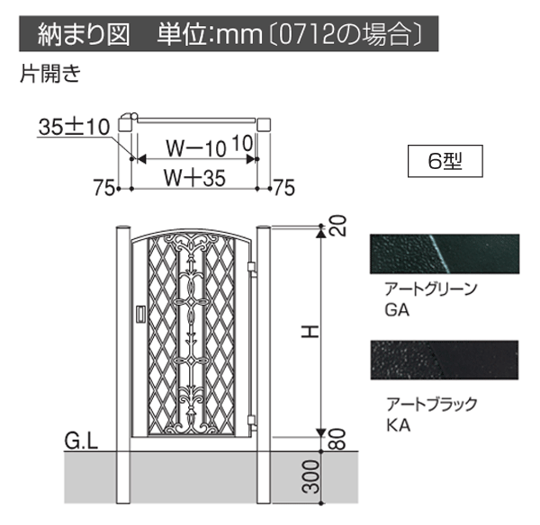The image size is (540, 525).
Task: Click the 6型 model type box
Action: coord(445,161)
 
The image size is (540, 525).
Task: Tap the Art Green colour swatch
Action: coord(445,254)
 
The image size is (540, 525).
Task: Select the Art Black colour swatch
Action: coord(445,360)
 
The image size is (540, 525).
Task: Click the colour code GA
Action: coord(397,310)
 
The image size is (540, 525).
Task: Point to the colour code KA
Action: coord(398,425)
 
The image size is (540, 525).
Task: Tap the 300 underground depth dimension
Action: coord(310,476)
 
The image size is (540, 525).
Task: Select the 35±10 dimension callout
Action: coord(74,127)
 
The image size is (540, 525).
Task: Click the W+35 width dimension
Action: coord(194,178)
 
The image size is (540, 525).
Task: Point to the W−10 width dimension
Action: coord(195,148)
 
